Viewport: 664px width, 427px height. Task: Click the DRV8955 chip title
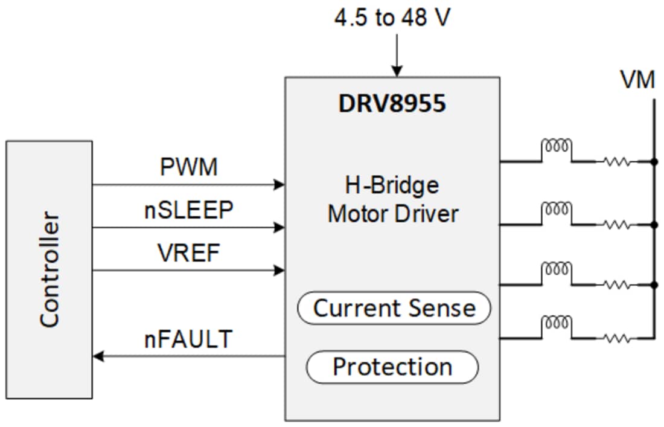pyautogui.click(x=392, y=103)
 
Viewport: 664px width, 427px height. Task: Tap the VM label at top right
pyautogui.click(x=637, y=80)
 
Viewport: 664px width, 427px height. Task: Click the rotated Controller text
pyautogui.click(x=49, y=269)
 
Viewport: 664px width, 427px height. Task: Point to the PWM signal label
pyautogui.click(x=189, y=167)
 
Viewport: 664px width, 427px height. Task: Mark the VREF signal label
pyautogui.click(x=189, y=253)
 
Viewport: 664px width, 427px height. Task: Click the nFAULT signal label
pyautogui.click(x=189, y=339)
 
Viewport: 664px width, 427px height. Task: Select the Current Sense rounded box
pyautogui.click(x=394, y=308)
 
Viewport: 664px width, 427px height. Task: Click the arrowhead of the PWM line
pyautogui.click(x=279, y=185)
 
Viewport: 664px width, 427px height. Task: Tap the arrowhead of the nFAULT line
pyautogui.click(x=98, y=357)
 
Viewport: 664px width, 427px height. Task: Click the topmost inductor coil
pyautogui.click(x=556, y=147)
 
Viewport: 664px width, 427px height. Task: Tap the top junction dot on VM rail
pyautogui.click(x=654, y=162)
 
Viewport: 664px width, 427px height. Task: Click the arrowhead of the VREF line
pyautogui.click(x=279, y=271)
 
